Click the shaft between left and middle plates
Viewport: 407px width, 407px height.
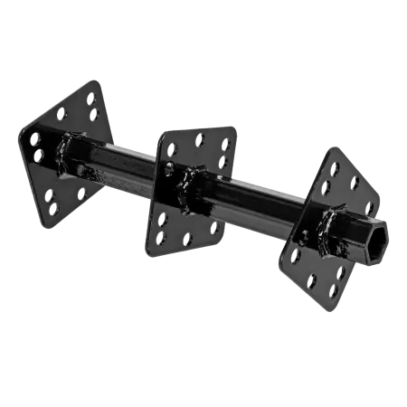tap(127, 163)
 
